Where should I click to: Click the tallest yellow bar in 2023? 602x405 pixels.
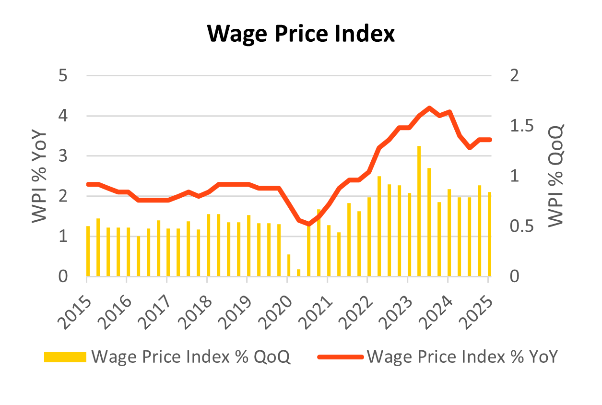coord(419,211)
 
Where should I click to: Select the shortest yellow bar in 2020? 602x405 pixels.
coord(299,273)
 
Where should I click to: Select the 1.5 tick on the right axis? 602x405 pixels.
coord(522,126)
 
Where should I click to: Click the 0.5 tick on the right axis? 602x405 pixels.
coord(522,226)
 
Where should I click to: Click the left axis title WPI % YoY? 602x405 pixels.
coord(39,176)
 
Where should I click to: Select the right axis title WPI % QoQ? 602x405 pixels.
coord(556,176)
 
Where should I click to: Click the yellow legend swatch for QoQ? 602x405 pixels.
coord(65,357)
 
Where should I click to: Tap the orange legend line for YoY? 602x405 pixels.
coord(340,357)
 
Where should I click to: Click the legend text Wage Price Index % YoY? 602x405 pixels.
coord(462,357)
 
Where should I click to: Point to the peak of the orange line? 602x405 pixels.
coord(429,107)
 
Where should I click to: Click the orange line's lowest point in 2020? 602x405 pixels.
coord(308,224)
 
